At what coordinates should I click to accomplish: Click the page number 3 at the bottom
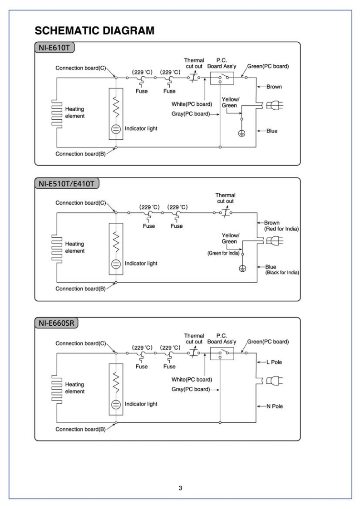tap(180, 475)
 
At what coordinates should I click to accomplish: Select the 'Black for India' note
tap(282, 272)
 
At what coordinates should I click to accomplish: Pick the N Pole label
tap(275, 406)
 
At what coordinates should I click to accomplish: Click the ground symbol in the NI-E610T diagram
tap(242, 134)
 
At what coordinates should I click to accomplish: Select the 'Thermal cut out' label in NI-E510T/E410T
tap(225, 198)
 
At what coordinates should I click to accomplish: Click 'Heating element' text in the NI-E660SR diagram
tap(75, 387)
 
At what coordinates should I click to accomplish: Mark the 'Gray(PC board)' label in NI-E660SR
tap(191, 389)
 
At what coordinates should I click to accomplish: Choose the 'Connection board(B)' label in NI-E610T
tap(80, 154)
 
